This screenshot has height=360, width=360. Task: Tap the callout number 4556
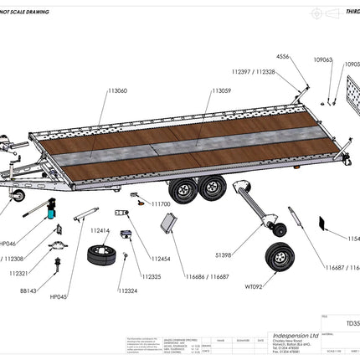pyautogui.click(x=285, y=56)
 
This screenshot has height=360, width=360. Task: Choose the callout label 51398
pyautogui.click(x=224, y=255)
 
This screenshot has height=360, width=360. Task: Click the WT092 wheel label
pyautogui.click(x=255, y=286)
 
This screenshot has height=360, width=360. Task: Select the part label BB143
pyautogui.click(x=28, y=291)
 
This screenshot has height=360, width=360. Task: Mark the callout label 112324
pyautogui.click(x=128, y=291)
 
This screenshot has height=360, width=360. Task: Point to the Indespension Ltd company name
pyautogui.click(x=293, y=333)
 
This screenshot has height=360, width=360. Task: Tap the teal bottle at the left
pyautogui.click(x=51, y=214)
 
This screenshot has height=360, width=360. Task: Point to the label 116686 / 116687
pyautogui.click(x=208, y=275)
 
